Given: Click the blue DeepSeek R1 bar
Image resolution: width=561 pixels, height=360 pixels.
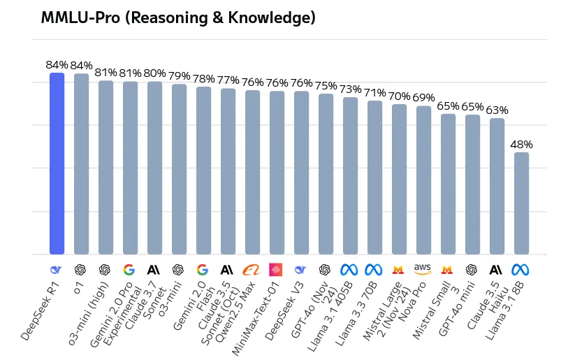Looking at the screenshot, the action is (x=57, y=164).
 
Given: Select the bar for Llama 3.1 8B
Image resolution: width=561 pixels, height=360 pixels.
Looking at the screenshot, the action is (x=521, y=203).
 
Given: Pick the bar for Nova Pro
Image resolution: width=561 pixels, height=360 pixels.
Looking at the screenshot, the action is (x=423, y=180).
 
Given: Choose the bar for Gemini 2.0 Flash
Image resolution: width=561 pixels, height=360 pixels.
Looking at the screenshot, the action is (x=203, y=171).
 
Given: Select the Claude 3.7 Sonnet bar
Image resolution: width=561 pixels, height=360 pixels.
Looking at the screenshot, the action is (x=154, y=168).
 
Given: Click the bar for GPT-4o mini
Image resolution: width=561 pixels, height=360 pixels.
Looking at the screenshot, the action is (x=473, y=185).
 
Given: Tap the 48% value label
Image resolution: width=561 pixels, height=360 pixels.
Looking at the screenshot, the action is (x=521, y=145).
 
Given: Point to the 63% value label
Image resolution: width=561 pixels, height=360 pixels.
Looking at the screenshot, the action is (x=497, y=110).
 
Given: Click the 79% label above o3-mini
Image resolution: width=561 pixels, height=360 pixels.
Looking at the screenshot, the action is (x=180, y=76).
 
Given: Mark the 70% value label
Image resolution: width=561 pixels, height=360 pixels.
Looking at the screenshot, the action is (x=400, y=96).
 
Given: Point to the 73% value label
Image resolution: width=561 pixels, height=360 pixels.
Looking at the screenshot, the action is (x=350, y=89).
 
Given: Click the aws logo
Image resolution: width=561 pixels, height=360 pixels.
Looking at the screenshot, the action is (x=423, y=269).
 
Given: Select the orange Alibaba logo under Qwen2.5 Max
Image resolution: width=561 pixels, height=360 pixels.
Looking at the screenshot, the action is (x=252, y=270).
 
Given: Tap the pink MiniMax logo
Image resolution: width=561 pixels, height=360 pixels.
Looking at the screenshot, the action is (x=275, y=270).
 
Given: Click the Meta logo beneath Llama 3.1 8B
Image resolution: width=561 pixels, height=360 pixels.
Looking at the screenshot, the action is (x=520, y=270).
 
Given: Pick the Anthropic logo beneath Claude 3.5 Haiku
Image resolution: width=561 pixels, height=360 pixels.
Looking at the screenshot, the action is (x=496, y=270).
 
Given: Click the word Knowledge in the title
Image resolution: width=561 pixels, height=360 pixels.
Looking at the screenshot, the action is (x=272, y=17).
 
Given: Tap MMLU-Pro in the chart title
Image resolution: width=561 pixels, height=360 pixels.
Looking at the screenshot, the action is (x=80, y=17).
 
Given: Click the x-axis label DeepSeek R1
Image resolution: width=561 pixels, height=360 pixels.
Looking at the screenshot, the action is (x=40, y=312).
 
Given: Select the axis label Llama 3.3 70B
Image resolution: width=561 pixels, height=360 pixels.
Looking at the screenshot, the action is (x=356, y=314).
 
